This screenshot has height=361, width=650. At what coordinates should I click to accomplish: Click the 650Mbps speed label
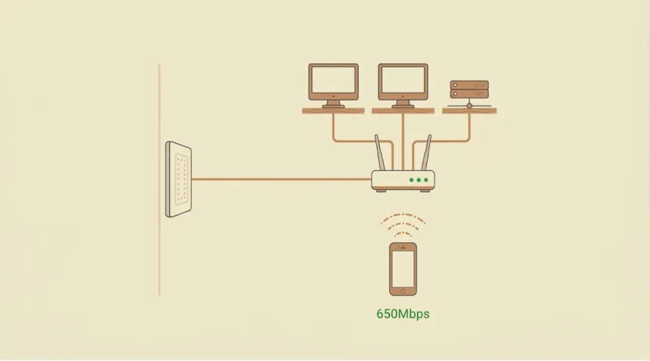403,314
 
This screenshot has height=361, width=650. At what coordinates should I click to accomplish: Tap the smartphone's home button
403,291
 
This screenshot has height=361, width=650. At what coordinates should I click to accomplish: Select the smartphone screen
403,269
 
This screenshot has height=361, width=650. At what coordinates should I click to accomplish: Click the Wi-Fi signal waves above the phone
403,225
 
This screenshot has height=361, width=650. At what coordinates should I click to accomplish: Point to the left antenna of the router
379,152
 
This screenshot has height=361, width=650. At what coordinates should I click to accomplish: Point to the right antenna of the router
426,152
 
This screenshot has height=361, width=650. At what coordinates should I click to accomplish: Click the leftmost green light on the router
411,180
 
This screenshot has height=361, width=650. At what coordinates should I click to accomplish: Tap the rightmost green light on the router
426,180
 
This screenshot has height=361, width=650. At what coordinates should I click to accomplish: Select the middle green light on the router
419,180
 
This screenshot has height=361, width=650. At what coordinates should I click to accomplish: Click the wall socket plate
178,179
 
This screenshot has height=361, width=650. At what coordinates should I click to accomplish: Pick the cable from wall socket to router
281,179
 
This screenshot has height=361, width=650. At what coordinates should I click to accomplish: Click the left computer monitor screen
333,79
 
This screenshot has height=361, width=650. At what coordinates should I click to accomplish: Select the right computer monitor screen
403,79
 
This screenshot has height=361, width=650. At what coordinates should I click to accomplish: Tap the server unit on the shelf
469,89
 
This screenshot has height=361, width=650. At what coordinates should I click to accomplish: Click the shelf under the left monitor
333,110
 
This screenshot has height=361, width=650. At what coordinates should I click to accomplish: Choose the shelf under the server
469,110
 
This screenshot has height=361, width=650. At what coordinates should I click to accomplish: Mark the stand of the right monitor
403,104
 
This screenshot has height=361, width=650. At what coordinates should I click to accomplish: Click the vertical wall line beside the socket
159,179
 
